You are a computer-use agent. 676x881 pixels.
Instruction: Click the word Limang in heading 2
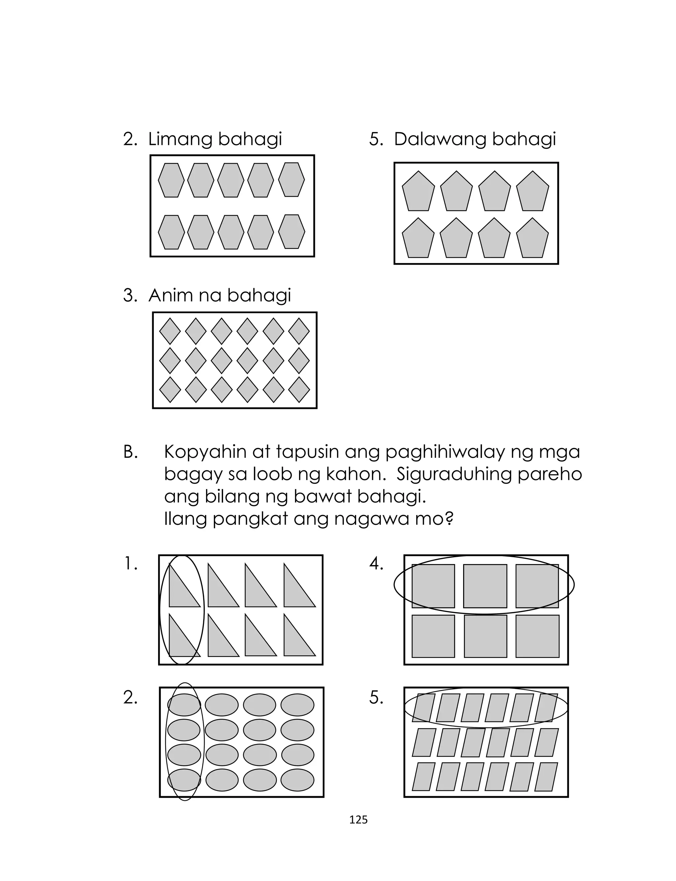(181, 140)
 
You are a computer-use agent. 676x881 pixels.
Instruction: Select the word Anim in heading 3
(167, 296)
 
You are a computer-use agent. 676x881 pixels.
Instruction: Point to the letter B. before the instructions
(130, 453)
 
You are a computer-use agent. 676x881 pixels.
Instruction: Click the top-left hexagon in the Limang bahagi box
(171, 180)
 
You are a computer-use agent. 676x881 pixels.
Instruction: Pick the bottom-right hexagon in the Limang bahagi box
(292, 232)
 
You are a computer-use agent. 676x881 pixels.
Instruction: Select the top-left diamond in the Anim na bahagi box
(170, 331)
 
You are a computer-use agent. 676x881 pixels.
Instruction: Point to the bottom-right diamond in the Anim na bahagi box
(299, 390)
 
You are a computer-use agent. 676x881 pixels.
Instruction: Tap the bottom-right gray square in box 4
(537, 636)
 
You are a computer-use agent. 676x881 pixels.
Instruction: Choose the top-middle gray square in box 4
(485, 586)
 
